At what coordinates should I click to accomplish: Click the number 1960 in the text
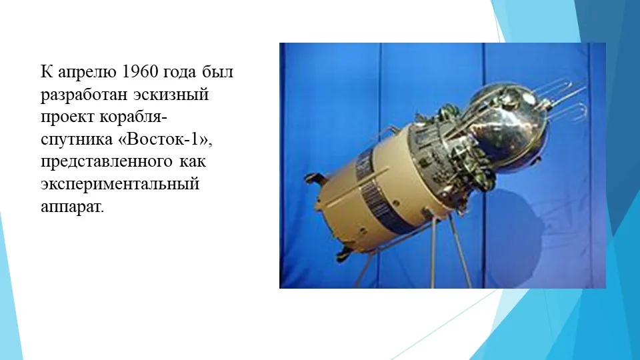click(140, 72)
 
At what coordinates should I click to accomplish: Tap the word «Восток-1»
click(164, 139)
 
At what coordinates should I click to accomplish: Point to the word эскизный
click(171, 94)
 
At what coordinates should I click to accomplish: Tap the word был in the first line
click(217, 72)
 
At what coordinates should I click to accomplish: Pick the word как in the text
click(192, 161)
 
